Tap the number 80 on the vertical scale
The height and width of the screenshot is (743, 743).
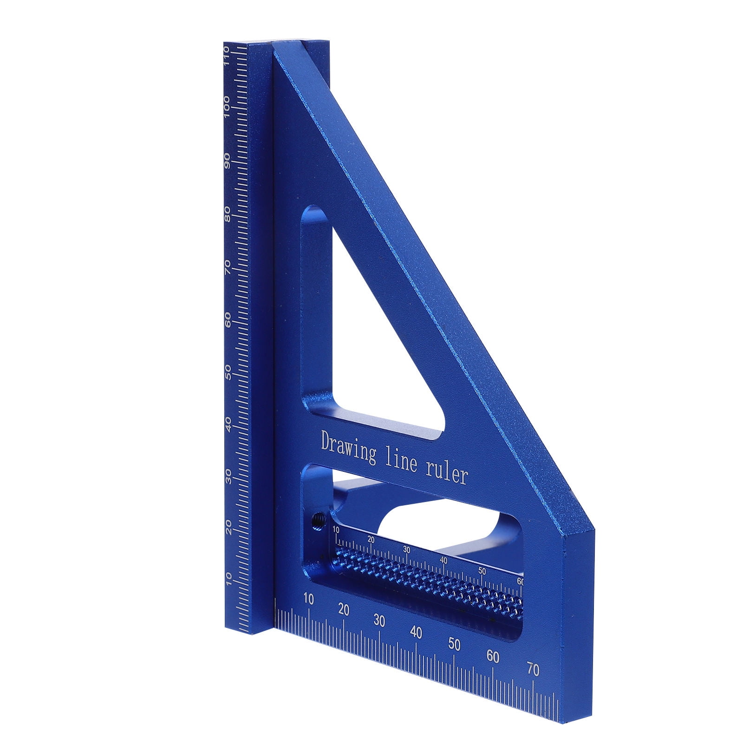click(x=228, y=214)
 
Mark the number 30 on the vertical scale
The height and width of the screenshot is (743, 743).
click(x=228, y=476)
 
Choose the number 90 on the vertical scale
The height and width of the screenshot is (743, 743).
click(x=228, y=161)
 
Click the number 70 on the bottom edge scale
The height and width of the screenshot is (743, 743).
click(x=533, y=670)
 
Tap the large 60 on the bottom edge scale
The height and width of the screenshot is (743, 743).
click(x=493, y=657)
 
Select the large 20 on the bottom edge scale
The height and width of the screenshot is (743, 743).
click(x=344, y=610)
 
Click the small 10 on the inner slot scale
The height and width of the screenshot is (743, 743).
click(x=336, y=530)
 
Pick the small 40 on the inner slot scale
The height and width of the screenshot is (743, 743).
click(x=443, y=561)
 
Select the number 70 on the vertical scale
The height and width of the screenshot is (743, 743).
click(x=228, y=267)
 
